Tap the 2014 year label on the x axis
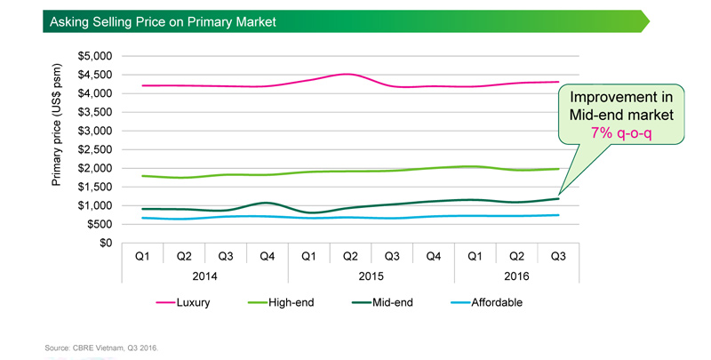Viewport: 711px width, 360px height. click(x=204, y=276)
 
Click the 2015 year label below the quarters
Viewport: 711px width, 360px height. click(x=371, y=276)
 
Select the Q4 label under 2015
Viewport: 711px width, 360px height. click(x=434, y=256)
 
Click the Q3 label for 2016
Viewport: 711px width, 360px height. click(x=558, y=256)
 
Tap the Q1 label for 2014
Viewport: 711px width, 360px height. click(x=141, y=256)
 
